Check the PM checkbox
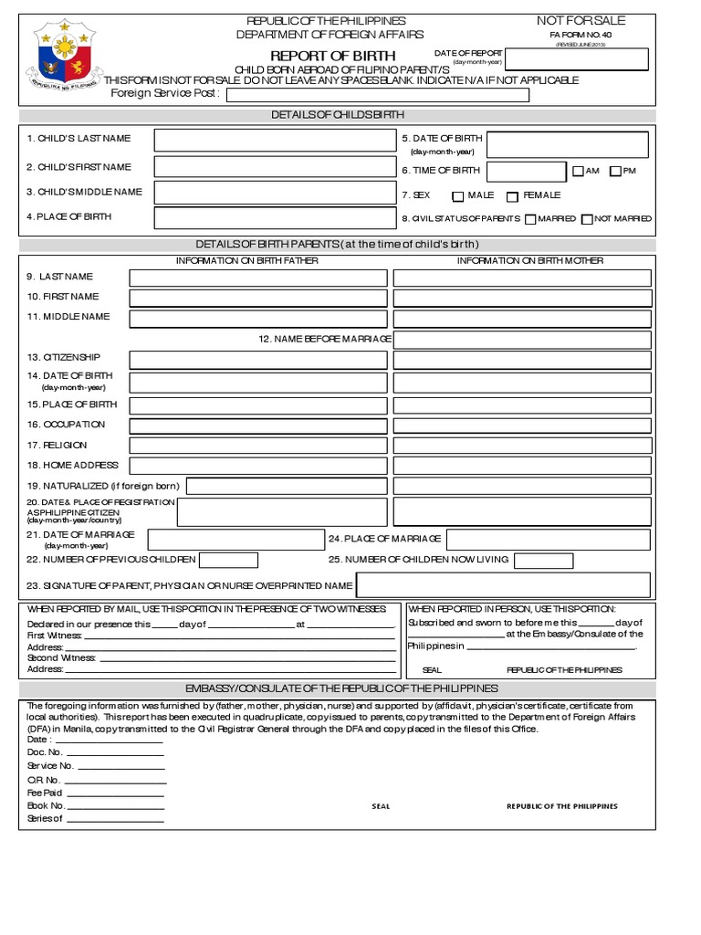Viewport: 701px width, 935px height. (x=615, y=172)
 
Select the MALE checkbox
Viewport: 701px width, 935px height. (x=457, y=196)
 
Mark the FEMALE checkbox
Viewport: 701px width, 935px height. (x=512, y=196)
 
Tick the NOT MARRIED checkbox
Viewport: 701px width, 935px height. (x=587, y=219)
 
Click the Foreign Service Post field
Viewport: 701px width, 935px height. (x=377, y=95)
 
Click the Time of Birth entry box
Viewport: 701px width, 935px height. (x=526, y=172)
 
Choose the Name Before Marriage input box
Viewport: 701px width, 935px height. (x=522, y=340)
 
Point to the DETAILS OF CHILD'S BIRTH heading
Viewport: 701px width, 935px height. (x=337, y=115)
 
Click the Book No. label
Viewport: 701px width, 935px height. (x=46, y=806)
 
